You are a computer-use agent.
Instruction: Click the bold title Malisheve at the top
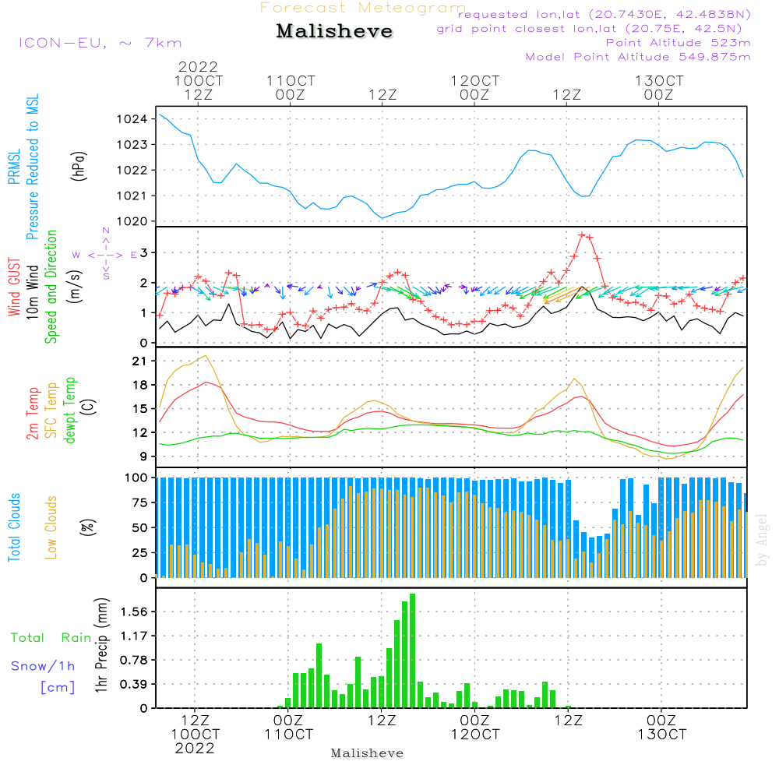tap(334, 32)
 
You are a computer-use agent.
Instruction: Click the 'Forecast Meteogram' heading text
tap(363, 8)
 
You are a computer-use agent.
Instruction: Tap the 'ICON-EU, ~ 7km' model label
tap(100, 43)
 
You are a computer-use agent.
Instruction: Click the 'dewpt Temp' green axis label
tap(70, 411)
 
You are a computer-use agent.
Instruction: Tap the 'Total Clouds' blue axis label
tap(15, 527)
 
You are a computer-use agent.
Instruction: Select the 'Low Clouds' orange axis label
tap(51, 527)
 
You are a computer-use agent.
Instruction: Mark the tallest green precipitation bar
tap(412, 650)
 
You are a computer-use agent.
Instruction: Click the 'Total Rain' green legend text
tap(51, 638)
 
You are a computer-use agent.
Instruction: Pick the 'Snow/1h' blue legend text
tap(43, 666)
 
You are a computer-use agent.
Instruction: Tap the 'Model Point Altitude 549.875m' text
tap(637, 57)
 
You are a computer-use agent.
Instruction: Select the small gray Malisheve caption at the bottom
tap(367, 753)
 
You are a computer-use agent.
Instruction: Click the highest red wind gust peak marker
tap(582, 234)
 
